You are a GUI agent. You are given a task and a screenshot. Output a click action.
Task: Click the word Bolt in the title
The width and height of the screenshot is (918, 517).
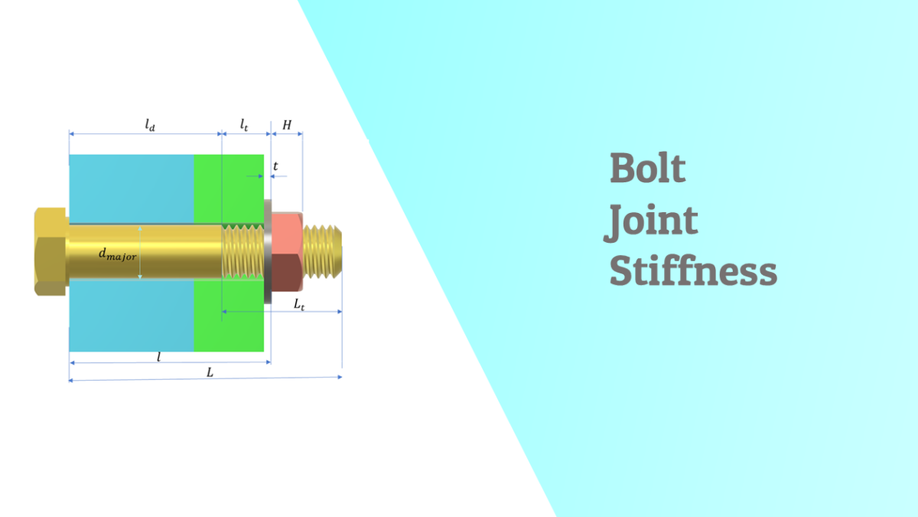tap(647, 169)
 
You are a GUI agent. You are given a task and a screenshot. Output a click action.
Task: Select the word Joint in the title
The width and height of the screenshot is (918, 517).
tap(653, 221)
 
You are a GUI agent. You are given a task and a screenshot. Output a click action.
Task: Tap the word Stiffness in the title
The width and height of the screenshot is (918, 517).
tap(693, 272)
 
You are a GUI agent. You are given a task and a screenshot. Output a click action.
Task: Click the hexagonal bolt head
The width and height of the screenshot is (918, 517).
tap(50, 251)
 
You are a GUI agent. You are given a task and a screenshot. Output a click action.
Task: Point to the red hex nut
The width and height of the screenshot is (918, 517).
tap(288, 252)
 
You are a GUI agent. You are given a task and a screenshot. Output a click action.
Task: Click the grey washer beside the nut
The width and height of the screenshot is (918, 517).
tap(269, 251)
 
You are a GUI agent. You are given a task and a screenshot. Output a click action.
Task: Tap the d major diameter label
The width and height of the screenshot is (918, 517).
tap(117, 254)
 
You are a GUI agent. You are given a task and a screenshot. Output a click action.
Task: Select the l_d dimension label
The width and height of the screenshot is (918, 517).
tap(150, 125)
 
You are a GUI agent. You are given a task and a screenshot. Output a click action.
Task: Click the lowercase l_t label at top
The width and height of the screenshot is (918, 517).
tap(244, 124)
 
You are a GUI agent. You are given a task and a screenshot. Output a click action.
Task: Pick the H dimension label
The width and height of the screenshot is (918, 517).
tap(287, 124)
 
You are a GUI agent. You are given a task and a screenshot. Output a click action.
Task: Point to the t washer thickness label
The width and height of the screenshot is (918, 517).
tap(275, 164)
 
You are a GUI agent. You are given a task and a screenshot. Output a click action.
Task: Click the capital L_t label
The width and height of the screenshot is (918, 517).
tap(300, 304)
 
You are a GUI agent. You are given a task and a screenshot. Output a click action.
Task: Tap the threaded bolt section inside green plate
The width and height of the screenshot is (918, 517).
tap(243, 251)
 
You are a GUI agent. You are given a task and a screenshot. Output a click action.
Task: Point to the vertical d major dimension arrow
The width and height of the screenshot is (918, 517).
tap(140, 252)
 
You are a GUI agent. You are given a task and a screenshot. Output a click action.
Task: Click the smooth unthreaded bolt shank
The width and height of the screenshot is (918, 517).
tap(176, 251)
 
